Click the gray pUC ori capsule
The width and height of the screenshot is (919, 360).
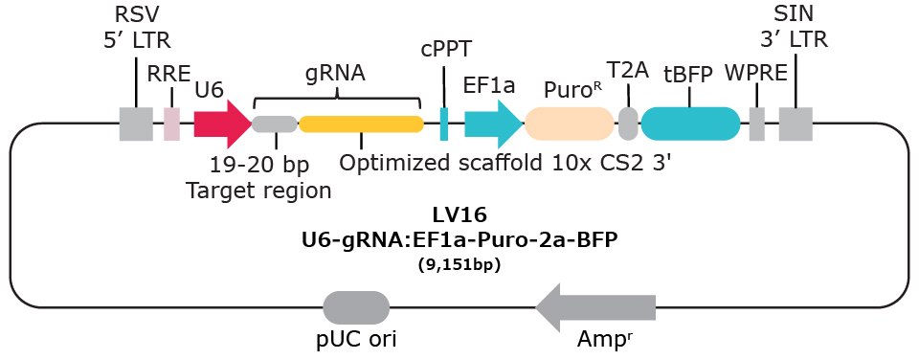[356, 308]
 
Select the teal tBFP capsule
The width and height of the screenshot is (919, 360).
[690, 124]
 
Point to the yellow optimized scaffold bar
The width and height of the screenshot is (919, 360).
[361, 124]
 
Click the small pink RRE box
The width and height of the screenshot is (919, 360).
[171, 124]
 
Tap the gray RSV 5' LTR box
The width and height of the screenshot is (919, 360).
[136, 124]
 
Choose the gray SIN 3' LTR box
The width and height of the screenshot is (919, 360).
[796, 124]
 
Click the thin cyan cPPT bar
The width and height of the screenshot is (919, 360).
[444, 124]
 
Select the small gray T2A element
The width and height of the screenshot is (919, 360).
[628, 124]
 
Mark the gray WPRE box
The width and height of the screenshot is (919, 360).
[756, 124]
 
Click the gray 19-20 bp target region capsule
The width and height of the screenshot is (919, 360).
[275, 124]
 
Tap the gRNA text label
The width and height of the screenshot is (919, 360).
[336, 73]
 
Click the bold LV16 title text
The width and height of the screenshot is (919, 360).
[459, 219]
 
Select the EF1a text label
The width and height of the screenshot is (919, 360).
[489, 86]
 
